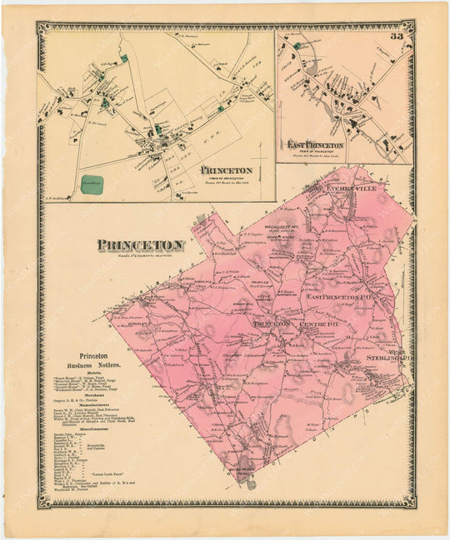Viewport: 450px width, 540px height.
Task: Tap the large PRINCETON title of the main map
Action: (x=140, y=245)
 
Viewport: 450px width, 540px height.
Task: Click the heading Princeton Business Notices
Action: (x=94, y=360)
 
